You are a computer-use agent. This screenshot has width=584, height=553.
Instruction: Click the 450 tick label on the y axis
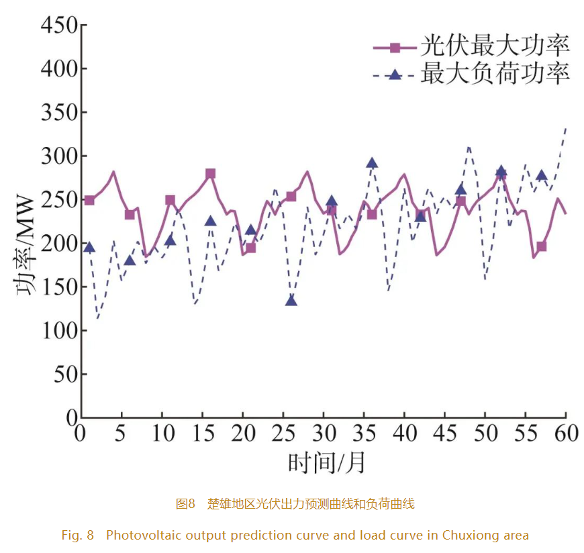(58, 26)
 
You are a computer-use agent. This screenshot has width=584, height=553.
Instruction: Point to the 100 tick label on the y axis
(58, 331)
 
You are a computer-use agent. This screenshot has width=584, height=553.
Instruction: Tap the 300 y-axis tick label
(58, 156)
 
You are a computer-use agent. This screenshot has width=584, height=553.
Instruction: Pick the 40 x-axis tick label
(404, 433)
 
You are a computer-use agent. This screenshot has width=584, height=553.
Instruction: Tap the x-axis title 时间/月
(327, 462)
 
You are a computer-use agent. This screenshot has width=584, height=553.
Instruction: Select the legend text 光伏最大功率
(495, 46)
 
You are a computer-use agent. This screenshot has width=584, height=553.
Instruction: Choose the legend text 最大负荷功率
(495, 73)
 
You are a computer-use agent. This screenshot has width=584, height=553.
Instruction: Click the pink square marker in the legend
(395, 47)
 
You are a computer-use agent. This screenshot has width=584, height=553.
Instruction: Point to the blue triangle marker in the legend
(395, 74)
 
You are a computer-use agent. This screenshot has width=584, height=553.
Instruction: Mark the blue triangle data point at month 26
(291, 300)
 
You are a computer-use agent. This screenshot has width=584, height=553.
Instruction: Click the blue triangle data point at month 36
(372, 163)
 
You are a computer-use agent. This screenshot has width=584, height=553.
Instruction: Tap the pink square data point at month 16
(210, 174)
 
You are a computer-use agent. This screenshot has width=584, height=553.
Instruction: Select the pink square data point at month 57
(541, 246)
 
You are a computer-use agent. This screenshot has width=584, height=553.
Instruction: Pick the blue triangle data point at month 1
(89, 248)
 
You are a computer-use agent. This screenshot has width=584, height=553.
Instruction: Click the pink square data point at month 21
(250, 248)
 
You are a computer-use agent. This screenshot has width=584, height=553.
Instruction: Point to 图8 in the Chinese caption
(185, 503)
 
